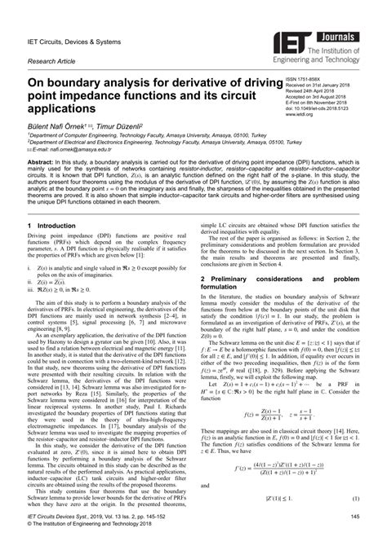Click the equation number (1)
[x=356, y=520]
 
